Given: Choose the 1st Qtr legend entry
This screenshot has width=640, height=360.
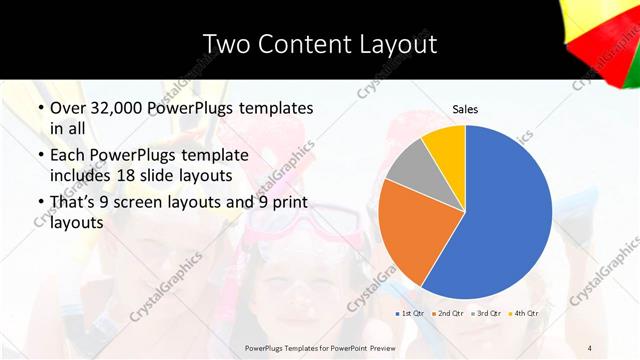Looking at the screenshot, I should point(411,313).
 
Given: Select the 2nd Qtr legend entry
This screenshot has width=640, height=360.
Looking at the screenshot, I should point(449,313).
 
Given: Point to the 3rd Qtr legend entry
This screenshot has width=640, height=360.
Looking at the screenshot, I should point(487,313).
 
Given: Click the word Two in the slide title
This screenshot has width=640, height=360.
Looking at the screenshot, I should point(227,44).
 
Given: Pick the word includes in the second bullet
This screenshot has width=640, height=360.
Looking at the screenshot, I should point(82,176).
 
